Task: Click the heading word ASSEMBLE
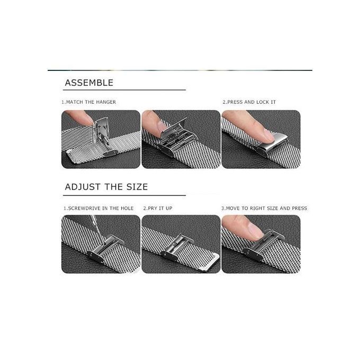pyautogui.click(x=89, y=83)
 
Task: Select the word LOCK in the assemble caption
pyautogui.click(x=263, y=102)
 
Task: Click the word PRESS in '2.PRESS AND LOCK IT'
pyautogui.click(x=235, y=102)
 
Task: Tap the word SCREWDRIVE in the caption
pyautogui.click(x=85, y=208)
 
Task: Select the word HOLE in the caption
pyautogui.click(x=127, y=208)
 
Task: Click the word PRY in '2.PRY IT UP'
pyautogui.click(x=152, y=208)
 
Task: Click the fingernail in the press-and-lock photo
pyautogui.click(x=268, y=135)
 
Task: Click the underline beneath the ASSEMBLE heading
pyautogui.click(x=124, y=90)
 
